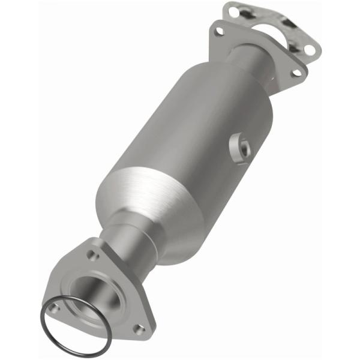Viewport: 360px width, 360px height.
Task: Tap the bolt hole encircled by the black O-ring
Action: coord(55,308)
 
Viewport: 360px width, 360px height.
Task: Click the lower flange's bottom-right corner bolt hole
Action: coord(140,328)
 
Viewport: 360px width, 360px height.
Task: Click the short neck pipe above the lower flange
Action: coord(129,237)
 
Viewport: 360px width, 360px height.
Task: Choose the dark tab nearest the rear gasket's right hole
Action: coord(292,47)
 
